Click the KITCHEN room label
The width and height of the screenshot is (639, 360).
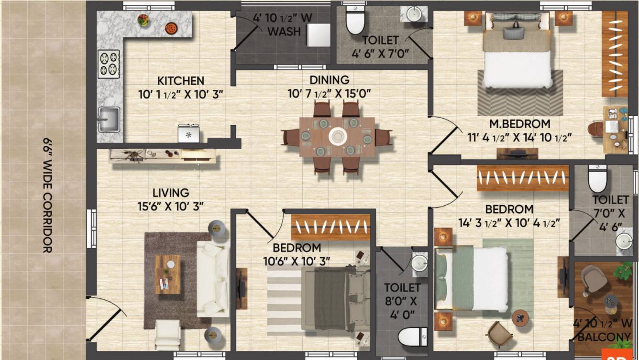pyautogui.click(x=181, y=81)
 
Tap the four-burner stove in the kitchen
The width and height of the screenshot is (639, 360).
pyautogui.click(x=109, y=64)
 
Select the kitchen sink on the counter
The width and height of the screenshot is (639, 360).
pyautogui.click(x=109, y=119)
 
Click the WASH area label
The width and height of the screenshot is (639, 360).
pyautogui.click(x=284, y=32)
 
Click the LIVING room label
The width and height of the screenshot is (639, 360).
pyautogui.click(x=171, y=193)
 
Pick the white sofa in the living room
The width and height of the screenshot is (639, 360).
pyautogui.click(x=213, y=278)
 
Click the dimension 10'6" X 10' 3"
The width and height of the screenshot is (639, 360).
pyautogui.click(x=297, y=261)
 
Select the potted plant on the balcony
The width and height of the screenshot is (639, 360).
pyautogui.click(x=624, y=272)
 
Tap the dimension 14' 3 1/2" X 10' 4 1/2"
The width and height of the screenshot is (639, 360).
pyautogui.click(x=509, y=223)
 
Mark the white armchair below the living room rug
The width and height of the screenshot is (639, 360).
pyautogui.click(x=167, y=334)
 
